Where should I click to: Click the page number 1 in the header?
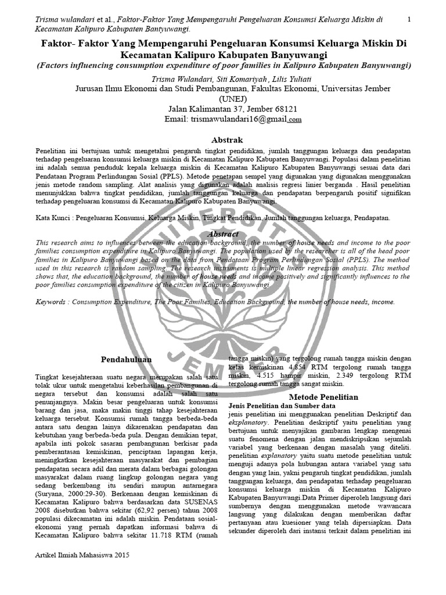point(409,19)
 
